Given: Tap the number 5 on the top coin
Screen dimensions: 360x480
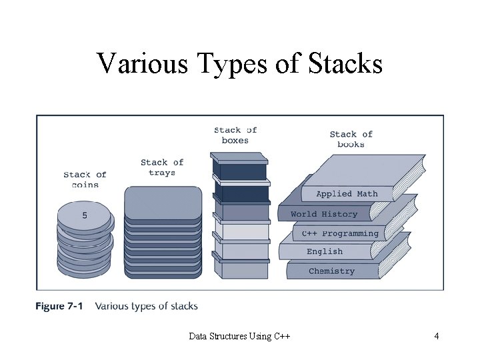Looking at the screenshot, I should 85,215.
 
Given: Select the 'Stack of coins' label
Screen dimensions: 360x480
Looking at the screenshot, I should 85,180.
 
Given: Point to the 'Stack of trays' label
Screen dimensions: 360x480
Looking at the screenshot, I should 162,167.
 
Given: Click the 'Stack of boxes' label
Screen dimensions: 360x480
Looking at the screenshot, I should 235,135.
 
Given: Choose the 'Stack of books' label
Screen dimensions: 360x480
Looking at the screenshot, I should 351,139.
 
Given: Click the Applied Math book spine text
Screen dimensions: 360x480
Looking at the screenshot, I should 347,194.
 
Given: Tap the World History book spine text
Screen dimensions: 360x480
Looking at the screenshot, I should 324,215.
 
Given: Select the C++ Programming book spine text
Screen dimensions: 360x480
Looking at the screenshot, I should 340,234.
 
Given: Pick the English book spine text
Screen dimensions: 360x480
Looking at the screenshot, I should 325,252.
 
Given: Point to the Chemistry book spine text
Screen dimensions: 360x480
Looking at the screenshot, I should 331,271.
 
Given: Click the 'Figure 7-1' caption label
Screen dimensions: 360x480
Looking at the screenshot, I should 59,307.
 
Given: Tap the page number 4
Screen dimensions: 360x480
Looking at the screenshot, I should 436,336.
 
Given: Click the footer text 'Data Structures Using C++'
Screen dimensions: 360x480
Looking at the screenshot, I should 239,336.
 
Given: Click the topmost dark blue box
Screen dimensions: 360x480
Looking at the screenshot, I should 240,167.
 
